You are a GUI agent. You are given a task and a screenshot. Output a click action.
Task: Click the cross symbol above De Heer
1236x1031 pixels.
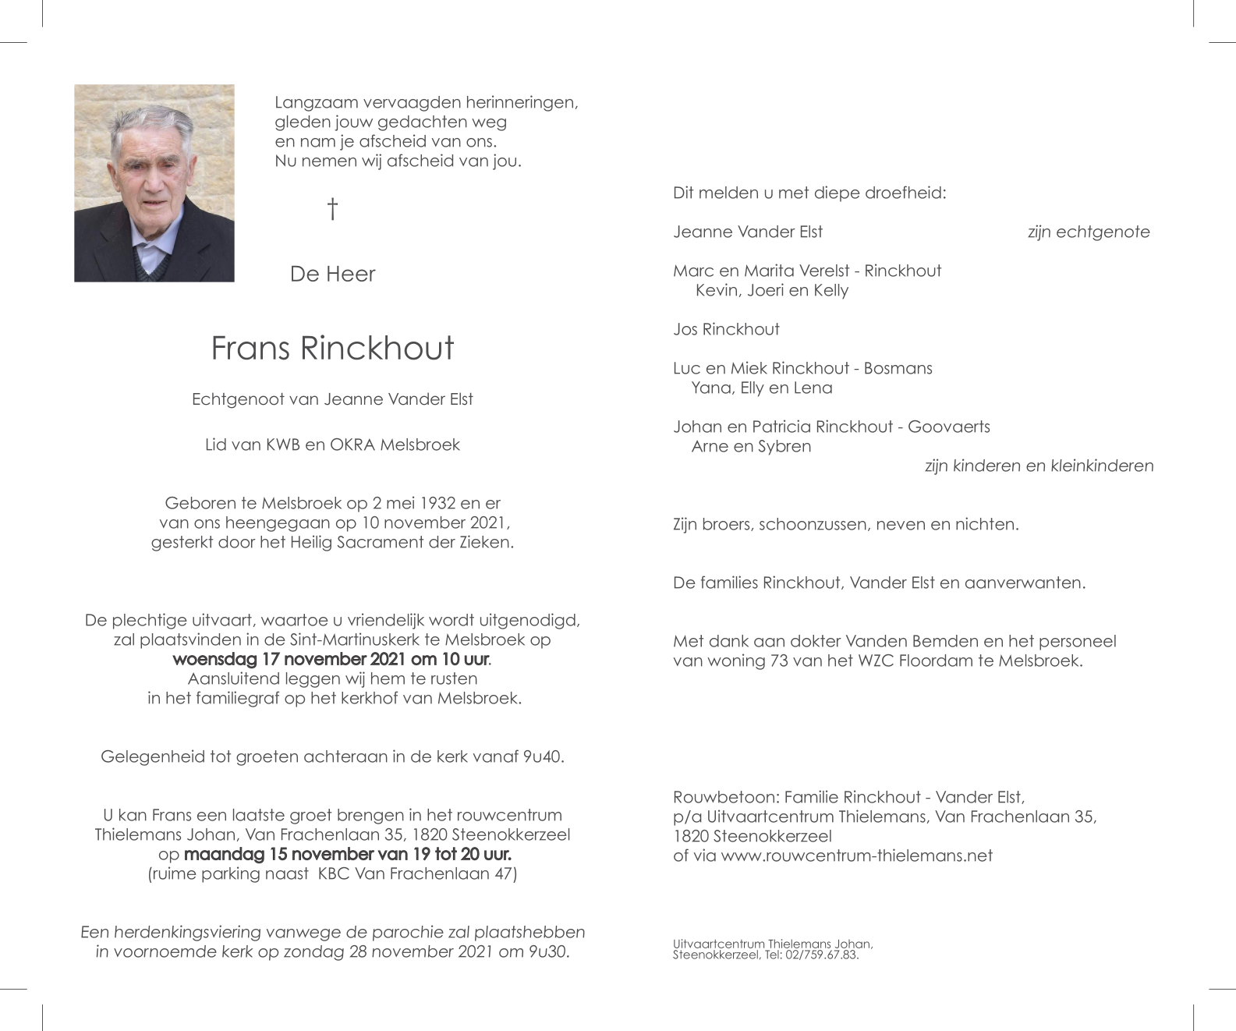pos(333,209)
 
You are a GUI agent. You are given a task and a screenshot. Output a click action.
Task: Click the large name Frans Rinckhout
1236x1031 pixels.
pos(332,348)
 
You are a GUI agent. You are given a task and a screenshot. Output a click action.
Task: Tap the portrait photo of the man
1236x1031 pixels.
pos(154,183)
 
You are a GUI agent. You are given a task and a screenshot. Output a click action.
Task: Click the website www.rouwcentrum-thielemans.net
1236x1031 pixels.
pos(856,856)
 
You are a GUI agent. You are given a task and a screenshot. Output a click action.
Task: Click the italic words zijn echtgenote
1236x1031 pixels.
pos(1089,232)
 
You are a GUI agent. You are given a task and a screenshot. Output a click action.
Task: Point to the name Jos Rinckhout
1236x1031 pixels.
pos(726,329)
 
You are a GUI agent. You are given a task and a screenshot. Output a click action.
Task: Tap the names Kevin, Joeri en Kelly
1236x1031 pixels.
pos(771,290)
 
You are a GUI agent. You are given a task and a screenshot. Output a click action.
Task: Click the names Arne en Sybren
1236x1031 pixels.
pos(751,446)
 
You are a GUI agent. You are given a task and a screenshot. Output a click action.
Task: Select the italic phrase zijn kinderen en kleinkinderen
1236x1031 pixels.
pos(1039,466)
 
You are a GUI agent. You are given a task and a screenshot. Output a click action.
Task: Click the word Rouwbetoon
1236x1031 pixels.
pos(724,797)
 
